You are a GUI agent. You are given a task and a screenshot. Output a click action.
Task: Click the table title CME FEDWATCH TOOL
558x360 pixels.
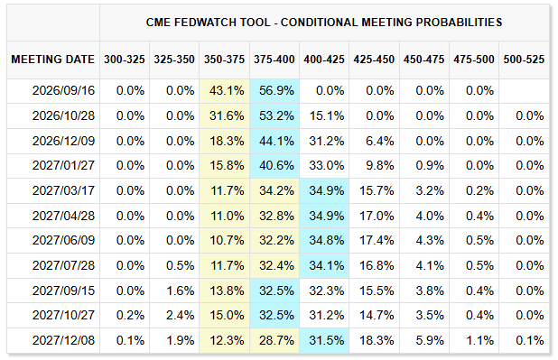[x=208, y=23]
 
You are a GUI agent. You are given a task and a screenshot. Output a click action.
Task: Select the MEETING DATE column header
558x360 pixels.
[x=53, y=59]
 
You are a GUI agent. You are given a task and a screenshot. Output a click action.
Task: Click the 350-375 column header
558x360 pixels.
[x=224, y=59]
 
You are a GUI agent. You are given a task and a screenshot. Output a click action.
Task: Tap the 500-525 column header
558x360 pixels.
[x=524, y=59]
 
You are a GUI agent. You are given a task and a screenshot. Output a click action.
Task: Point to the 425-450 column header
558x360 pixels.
[x=374, y=59]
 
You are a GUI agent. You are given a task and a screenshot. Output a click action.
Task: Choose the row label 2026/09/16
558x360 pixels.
[x=64, y=91]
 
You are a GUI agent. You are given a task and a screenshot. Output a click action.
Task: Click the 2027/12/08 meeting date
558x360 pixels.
[x=64, y=340]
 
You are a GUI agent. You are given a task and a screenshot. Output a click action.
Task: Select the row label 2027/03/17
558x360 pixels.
[x=64, y=190]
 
